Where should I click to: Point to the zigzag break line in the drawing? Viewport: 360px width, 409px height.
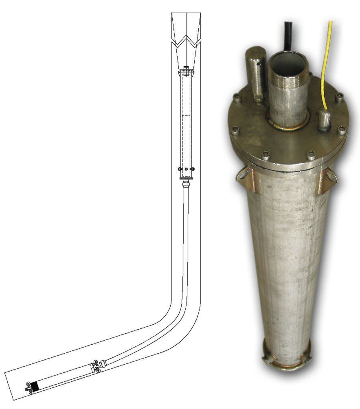click(186, 40)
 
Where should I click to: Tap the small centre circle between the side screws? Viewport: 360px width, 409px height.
click(186, 169)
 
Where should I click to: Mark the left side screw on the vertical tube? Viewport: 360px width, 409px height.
click(180, 169)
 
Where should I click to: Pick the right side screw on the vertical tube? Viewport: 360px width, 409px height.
click(193, 169)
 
